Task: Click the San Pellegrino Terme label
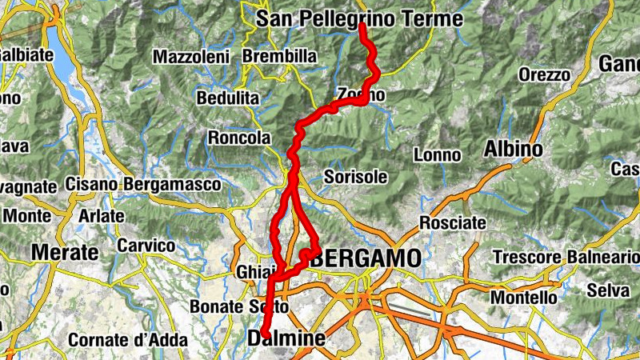point(359,18)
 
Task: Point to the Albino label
point(513,149)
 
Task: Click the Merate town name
point(64,252)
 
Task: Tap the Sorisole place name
point(356,176)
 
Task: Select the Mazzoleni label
point(191,57)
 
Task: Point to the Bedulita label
point(228,98)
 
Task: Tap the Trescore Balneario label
point(566,257)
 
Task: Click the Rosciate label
point(453,222)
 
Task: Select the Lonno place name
point(438,154)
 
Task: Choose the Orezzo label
point(544,74)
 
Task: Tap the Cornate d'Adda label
point(127,339)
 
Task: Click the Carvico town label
point(146,245)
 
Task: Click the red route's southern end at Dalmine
point(264,334)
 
